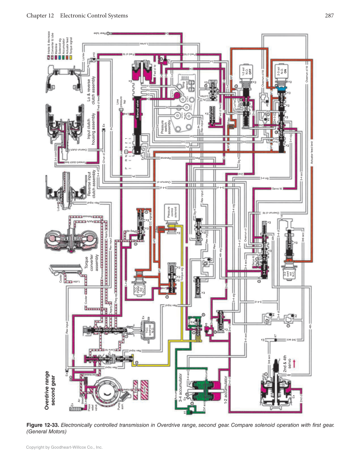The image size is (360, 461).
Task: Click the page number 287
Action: pyautogui.click(x=330, y=16)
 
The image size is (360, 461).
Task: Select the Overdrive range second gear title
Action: pyautogui.click(x=50, y=388)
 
